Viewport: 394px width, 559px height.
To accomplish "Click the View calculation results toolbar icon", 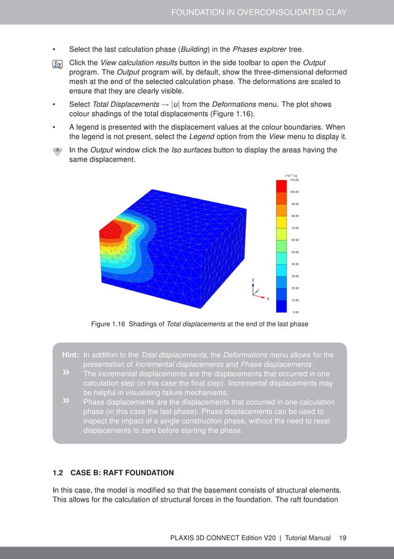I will click(x=57, y=64).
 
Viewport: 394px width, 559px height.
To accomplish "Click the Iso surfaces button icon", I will click(x=57, y=151).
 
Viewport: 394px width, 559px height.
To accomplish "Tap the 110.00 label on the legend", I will click(x=294, y=180).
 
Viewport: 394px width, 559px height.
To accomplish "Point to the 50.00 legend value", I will click(x=295, y=252).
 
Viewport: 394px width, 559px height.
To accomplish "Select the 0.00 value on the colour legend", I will click(x=296, y=312).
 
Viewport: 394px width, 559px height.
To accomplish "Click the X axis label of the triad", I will click(x=268, y=298).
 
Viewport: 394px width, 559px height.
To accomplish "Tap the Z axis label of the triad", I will click(x=253, y=280).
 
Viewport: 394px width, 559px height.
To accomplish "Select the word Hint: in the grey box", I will click(x=70, y=355).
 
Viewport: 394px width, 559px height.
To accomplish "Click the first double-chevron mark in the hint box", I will click(x=65, y=373).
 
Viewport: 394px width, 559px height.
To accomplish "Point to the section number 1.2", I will click(x=58, y=473).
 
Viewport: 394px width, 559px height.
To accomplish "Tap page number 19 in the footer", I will click(x=343, y=537).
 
